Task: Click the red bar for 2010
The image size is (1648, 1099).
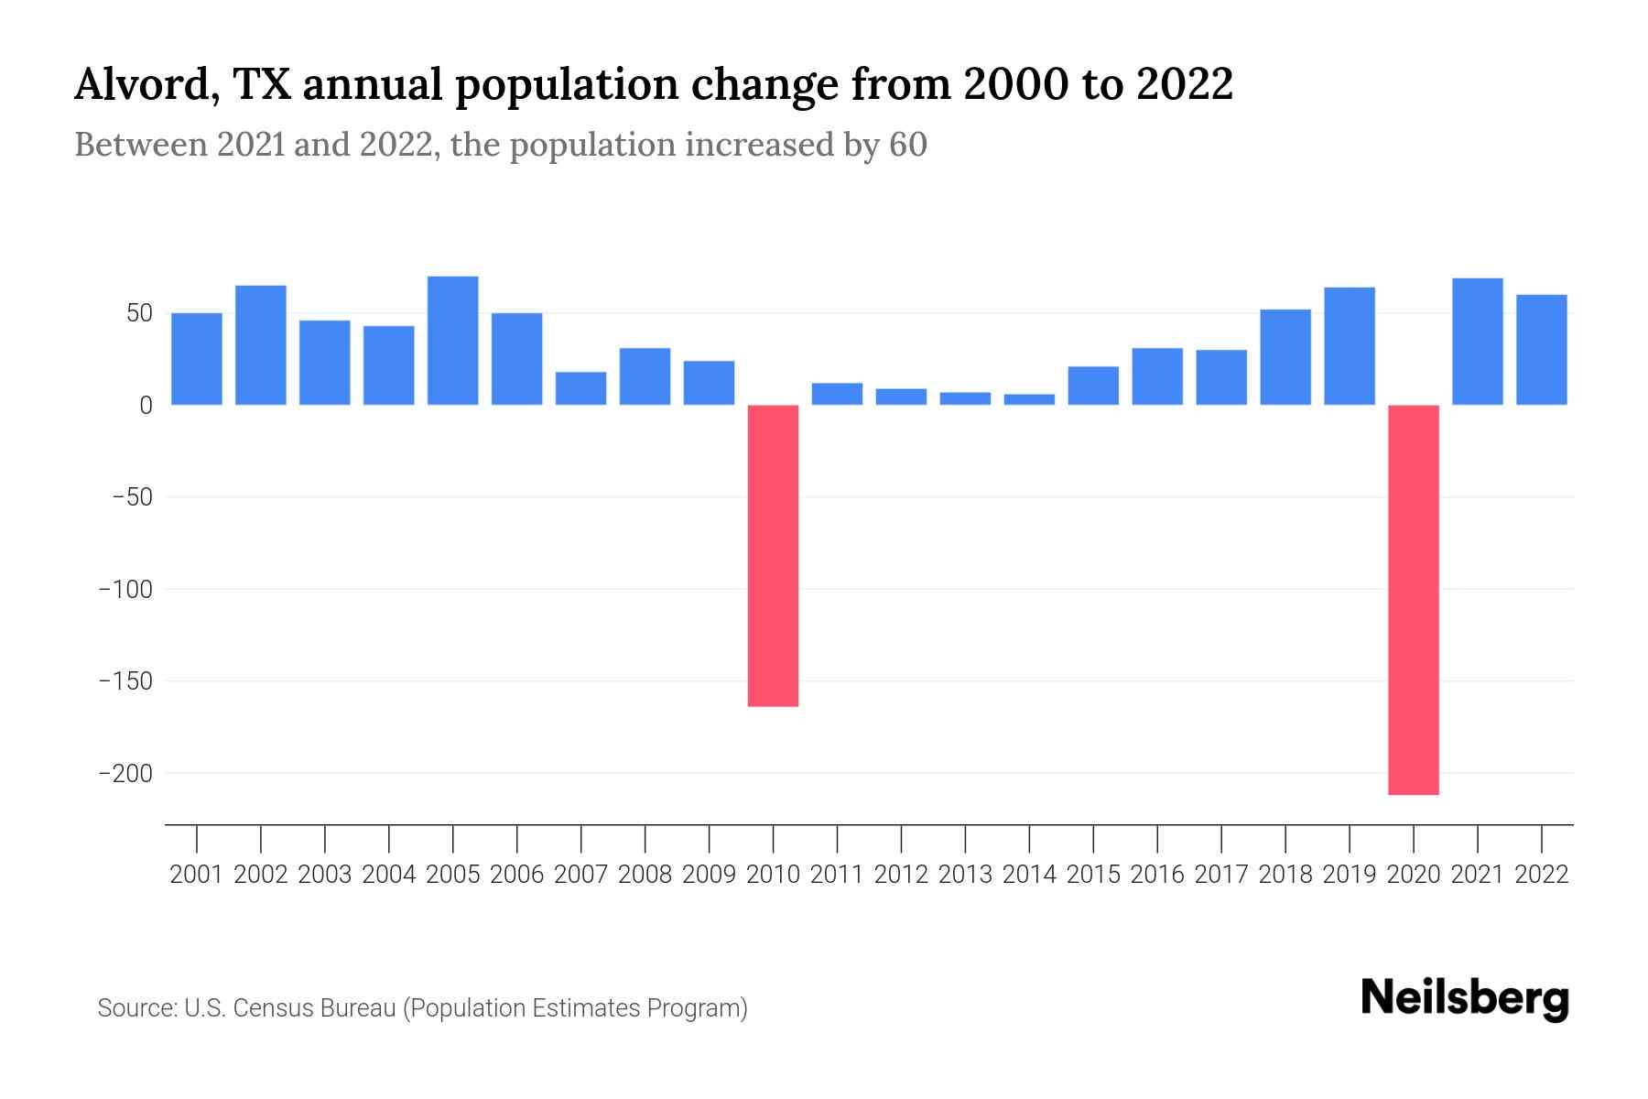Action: [773, 555]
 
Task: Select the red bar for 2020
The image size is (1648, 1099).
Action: [1414, 599]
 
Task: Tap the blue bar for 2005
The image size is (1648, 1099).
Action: [453, 341]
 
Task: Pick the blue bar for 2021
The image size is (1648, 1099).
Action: [1478, 342]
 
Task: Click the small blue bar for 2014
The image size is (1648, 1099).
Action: [1029, 399]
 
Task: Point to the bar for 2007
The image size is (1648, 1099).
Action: [580, 388]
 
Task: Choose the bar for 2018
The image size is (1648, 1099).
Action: [1285, 357]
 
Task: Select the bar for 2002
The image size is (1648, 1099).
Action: [261, 345]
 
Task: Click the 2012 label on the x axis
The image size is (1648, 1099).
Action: [901, 875]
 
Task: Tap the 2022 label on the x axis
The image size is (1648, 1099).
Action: [1542, 875]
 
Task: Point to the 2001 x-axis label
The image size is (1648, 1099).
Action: [197, 875]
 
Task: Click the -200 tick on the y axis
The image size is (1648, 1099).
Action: [125, 774]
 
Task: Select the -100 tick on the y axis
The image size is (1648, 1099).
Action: [125, 590]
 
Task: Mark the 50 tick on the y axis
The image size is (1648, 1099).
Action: [138, 313]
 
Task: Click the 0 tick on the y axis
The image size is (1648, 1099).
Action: [146, 406]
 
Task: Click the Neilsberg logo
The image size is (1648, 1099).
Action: [1464, 999]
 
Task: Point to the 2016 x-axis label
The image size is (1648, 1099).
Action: [1157, 875]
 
